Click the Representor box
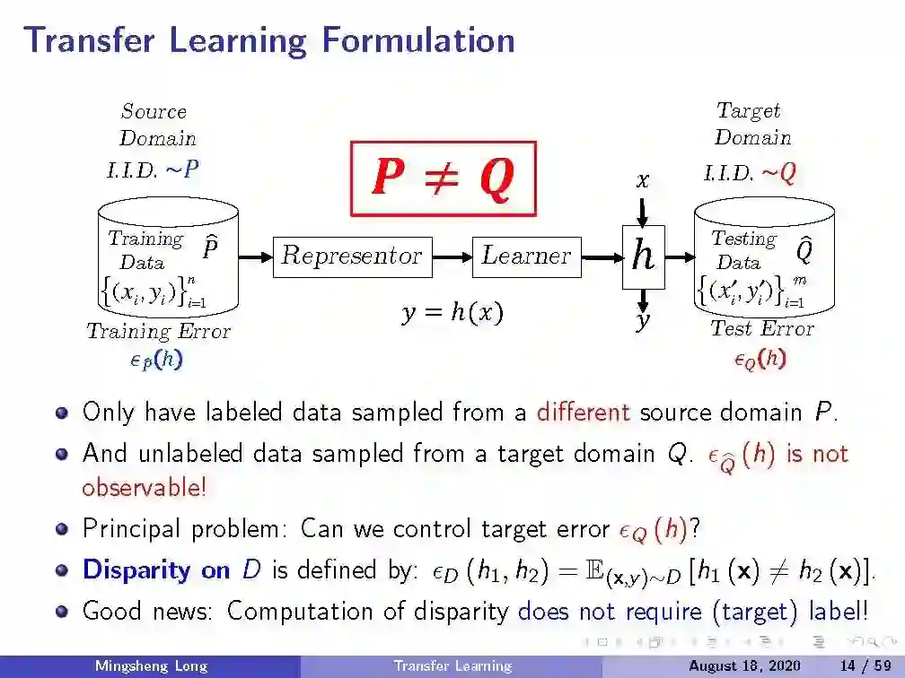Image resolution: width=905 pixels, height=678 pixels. click(351, 256)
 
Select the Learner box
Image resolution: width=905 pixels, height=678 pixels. click(526, 256)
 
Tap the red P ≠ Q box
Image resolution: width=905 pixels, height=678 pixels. click(443, 178)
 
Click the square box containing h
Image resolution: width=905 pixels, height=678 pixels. click(643, 256)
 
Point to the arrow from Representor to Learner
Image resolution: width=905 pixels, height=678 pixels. click(452, 256)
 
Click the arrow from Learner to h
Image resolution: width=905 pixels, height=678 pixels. click(601, 256)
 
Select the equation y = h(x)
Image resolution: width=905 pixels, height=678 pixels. click(452, 313)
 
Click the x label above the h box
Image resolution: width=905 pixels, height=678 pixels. click(642, 180)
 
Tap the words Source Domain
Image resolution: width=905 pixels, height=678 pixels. click(155, 125)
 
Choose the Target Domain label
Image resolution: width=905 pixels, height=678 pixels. click(751, 124)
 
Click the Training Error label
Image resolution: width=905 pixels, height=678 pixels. click(158, 331)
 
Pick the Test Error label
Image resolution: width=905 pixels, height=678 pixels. click(761, 328)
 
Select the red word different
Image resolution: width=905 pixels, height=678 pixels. click(584, 413)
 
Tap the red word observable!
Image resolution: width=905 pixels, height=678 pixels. click(144, 488)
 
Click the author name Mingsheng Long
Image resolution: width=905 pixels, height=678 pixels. click(151, 666)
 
